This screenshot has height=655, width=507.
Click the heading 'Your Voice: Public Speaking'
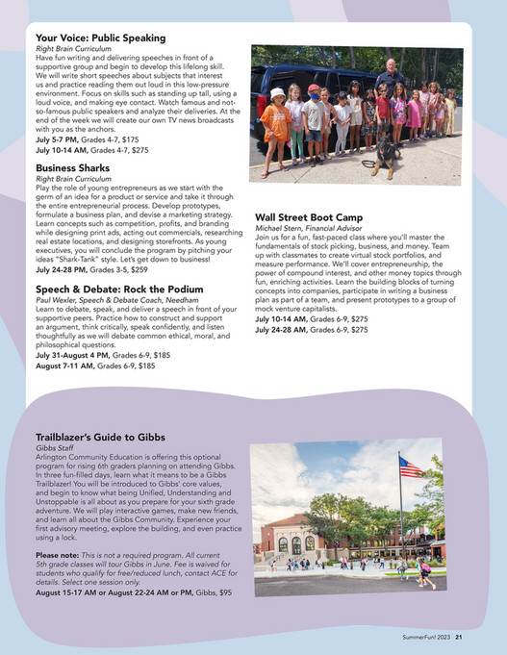101,38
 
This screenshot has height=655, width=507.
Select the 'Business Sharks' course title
73,167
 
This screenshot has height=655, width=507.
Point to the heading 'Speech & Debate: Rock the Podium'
119,289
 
